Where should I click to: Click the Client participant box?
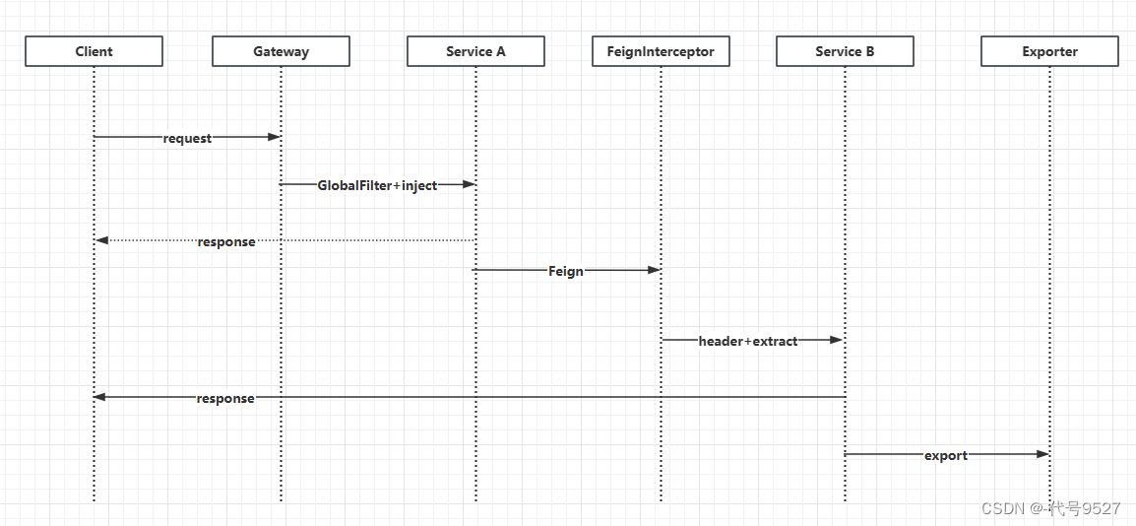[94, 51]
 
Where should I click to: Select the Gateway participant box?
[281, 51]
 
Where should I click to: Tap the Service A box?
[475, 51]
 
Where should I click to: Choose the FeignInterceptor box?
[661, 51]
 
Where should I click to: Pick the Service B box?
[845, 51]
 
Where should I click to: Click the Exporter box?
[1049, 51]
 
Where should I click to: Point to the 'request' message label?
[187, 138]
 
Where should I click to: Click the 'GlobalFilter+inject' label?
[377, 185]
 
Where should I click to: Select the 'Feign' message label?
[566, 271]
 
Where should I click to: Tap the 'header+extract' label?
[748, 341]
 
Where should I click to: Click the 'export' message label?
[946, 455]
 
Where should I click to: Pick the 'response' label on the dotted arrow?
[225, 241]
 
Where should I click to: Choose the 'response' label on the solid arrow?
[225, 398]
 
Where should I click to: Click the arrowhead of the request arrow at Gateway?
[275, 137]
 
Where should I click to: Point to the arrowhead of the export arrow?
[1043, 454]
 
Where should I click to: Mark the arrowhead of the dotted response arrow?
[100, 240]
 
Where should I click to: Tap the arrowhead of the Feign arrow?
[655, 269]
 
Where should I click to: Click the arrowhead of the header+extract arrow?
[838, 340]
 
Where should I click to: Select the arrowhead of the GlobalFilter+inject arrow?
[470, 184]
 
